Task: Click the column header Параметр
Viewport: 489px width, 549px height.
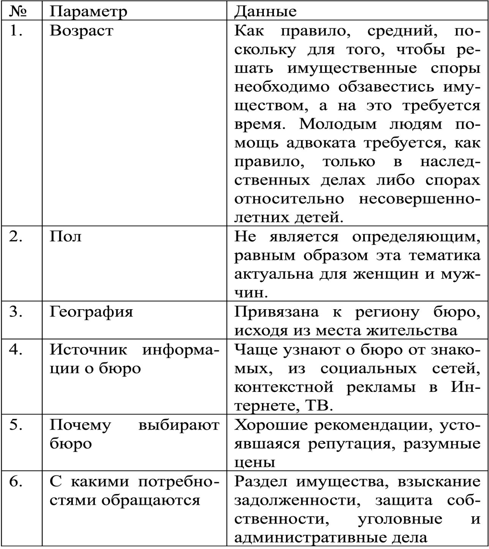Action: (88, 12)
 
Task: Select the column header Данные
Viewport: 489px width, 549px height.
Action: (265, 12)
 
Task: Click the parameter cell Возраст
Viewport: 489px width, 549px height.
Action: (81, 31)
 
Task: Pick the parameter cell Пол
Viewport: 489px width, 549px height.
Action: (65, 237)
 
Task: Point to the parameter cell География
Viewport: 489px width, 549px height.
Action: (91, 312)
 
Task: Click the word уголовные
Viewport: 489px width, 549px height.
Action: (399, 519)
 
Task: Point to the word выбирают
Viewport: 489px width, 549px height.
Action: (178, 425)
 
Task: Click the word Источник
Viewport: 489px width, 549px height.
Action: (88, 350)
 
